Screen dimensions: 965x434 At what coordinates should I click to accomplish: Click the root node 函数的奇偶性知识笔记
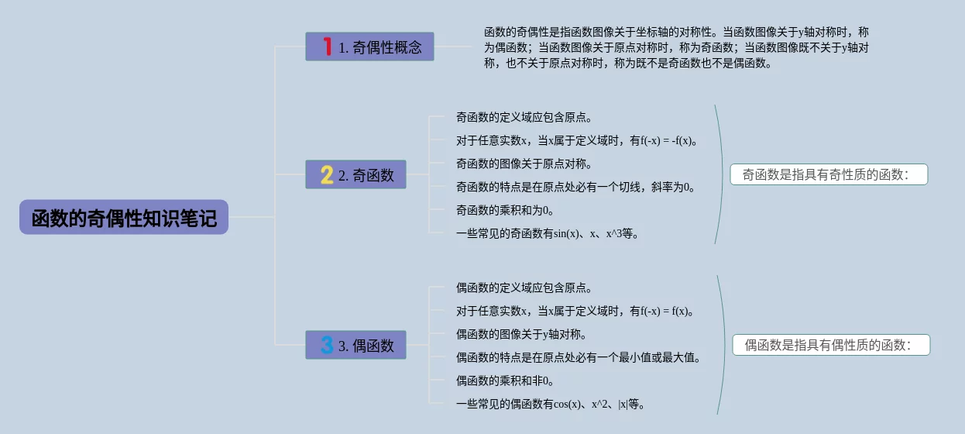click(x=124, y=218)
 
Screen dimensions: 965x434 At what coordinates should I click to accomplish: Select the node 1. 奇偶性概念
click(x=370, y=47)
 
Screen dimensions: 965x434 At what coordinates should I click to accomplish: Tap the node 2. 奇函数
click(x=355, y=175)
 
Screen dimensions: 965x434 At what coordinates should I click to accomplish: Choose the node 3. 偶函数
click(x=355, y=346)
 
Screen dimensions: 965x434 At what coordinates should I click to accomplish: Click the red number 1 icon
click(x=327, y=47)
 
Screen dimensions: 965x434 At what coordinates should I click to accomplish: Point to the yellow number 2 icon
click(x=327, y=175)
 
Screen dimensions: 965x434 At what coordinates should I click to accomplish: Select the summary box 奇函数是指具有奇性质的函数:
click(x=828, y=175)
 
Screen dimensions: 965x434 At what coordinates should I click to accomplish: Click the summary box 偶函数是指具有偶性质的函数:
click(x=830, y=346)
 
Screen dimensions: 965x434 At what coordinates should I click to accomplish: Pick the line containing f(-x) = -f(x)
click(x=578, y=141)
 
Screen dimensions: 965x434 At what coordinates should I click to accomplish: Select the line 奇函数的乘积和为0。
click(x=505, y=211)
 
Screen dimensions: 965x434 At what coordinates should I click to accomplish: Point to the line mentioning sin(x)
click(x=548, y=234)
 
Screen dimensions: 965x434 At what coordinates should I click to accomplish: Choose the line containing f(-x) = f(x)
click(x=575, y=312)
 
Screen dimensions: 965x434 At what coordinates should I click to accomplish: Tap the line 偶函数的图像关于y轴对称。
click(x=521, y=335)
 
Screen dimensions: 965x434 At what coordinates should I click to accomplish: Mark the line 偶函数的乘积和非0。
click(x=505, y=381)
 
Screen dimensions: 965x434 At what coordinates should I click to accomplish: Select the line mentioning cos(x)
click(x=551, y=405)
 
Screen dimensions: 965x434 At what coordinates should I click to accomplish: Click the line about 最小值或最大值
click(x=579, y=358)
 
